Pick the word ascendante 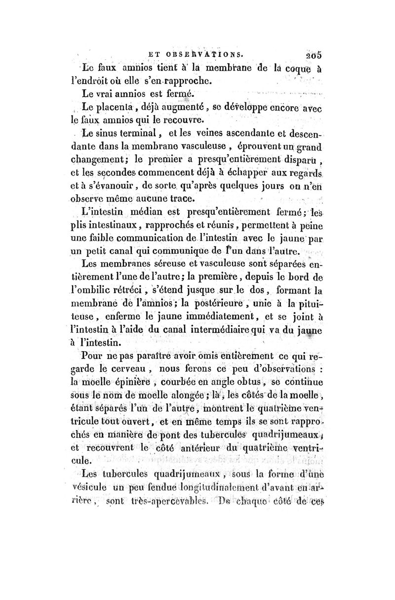tap(245, 133)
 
